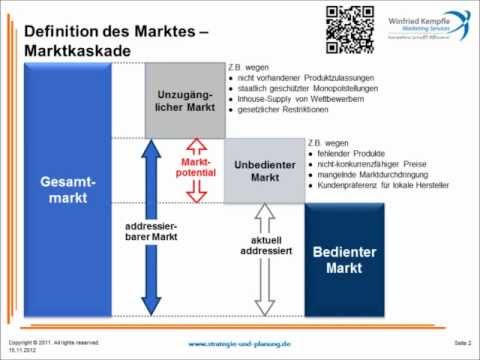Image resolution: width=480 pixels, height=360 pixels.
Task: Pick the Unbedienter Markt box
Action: [x=263, y=170]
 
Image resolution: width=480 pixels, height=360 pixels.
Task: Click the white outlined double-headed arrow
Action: [x=265, y=260]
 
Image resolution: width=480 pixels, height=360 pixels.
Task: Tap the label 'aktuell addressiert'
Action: [x=264, y=247]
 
